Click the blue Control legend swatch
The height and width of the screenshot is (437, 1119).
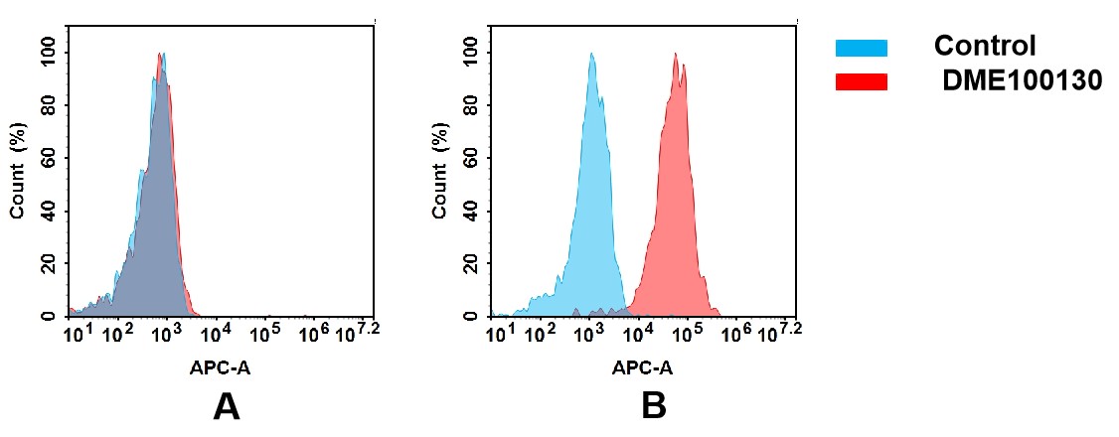click(x=861, y=47)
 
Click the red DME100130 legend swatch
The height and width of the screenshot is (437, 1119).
click(x=861, y=81)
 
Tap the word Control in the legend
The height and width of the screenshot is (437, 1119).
click(x=985, y=46)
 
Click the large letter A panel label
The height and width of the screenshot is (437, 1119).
click(x=227, y=406)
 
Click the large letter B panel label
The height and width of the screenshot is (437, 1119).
click(x=653, y=406)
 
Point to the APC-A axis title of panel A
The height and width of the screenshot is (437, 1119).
click(x=220, y=368)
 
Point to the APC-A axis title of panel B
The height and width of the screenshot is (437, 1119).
click(x=642, y=368)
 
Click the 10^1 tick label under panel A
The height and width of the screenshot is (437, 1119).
click(x=78, y=331)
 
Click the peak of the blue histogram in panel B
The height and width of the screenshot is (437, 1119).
click(x=591, y=55)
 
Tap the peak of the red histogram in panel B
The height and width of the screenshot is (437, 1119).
click(x=676, y=55)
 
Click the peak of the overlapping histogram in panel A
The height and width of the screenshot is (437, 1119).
click(x=161, y=56)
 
